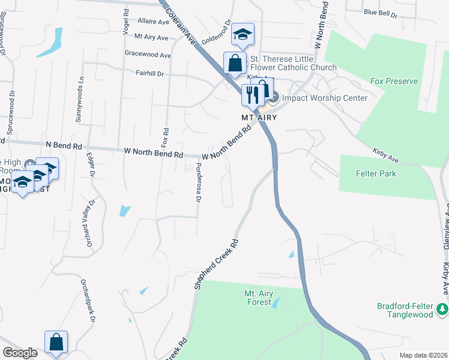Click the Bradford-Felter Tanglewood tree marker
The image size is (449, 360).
pyautogui.click(x=443, y=309)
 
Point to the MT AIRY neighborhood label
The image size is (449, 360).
pyautogui.click(x=259, y=118)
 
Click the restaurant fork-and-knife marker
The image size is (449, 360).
pyautogui.click(x=251, y=94)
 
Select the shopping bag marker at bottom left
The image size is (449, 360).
pyautogui.click(x=56, y=342)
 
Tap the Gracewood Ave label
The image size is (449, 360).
pyautogui.click(x=148, y=55)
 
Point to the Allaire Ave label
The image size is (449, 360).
pyautogui.click(x=153, y=21)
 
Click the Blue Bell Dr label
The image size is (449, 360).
pyautogui.click(x=380, y=12)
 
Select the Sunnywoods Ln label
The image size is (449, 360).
pyautogui.click(x=79, y=100)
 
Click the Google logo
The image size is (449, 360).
pyautogui.click(x=20, y=353)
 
